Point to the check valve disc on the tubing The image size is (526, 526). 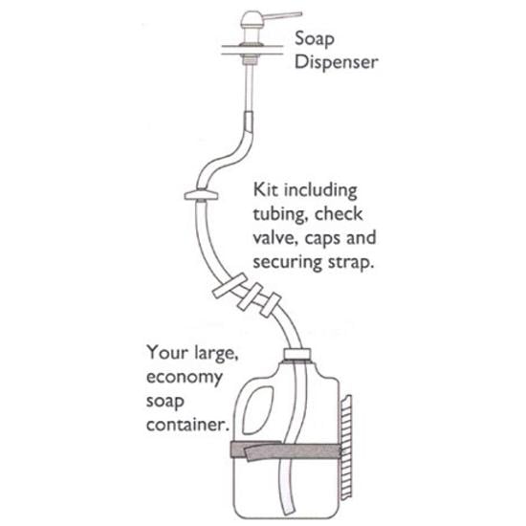[198, 197]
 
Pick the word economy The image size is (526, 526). [185, 376]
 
